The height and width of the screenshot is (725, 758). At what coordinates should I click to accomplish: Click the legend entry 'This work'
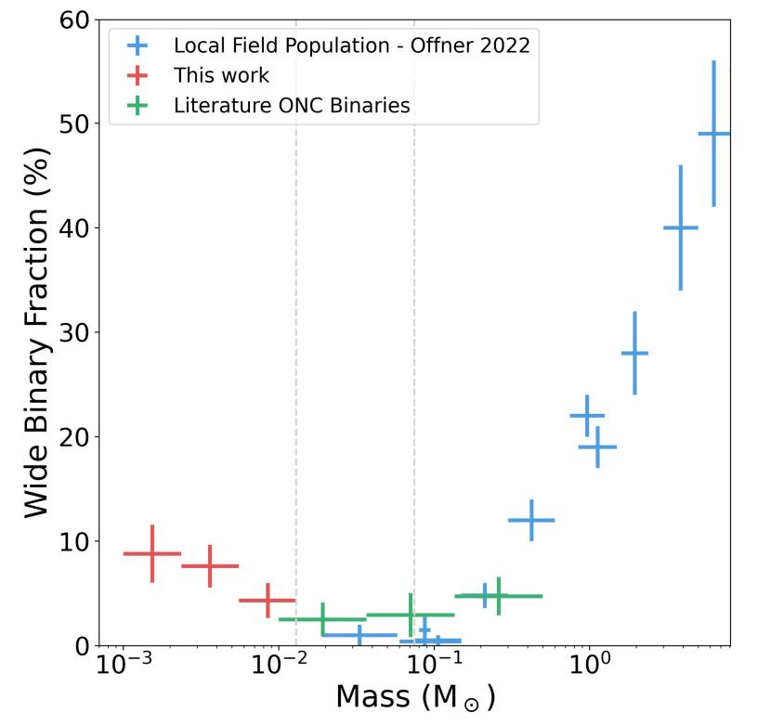(221, 75)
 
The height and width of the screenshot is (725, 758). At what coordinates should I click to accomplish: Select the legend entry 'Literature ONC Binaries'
(291, 105)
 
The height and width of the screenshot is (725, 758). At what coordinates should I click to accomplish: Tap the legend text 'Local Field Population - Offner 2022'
(351, 45)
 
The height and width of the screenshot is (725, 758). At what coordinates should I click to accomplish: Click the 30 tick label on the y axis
(70, 332)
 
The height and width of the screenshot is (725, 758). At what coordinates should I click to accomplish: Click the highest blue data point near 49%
(713, 134)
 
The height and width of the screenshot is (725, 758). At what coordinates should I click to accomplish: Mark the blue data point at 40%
(680, 227)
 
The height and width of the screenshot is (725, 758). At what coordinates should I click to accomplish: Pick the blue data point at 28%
(634, 353)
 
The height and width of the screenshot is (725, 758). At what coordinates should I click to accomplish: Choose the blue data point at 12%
(531, 520)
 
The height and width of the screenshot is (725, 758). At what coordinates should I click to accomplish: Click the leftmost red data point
(152, 553)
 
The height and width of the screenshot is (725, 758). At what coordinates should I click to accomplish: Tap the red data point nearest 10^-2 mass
(268, 601)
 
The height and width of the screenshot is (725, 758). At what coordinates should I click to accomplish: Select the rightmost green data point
(498, 596)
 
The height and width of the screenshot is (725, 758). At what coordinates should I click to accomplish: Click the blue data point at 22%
(587, 415)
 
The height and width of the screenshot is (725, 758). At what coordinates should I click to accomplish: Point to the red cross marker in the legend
(137, 75)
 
